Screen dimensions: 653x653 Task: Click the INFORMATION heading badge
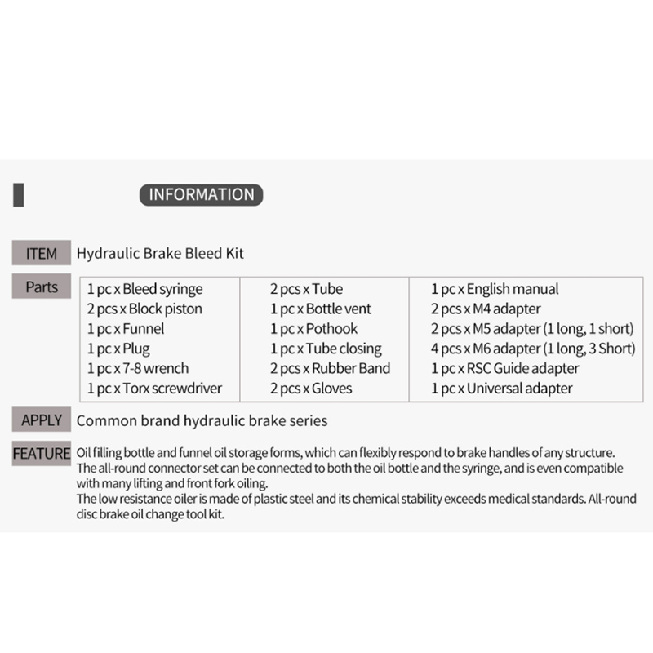202,194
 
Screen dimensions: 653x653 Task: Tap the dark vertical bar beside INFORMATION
19,195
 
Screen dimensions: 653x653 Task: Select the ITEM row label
41,253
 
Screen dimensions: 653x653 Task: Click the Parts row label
41,287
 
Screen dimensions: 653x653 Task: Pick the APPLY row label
41,420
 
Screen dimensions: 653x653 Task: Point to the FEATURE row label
41,453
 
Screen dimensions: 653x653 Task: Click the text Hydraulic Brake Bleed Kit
160,253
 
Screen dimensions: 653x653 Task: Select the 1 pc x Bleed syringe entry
144,289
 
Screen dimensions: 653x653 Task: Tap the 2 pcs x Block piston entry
144,309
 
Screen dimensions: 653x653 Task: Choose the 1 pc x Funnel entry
126,329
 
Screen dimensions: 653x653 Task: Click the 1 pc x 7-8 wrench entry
137,368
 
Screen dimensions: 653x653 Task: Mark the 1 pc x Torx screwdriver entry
154,389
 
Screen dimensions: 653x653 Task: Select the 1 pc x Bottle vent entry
321,309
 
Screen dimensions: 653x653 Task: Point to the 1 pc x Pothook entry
314,329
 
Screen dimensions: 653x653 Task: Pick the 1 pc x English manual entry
495,289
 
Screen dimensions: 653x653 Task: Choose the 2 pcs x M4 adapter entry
486,309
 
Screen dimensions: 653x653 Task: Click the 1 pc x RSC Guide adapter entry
504,368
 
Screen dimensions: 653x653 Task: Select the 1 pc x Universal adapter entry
502,389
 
